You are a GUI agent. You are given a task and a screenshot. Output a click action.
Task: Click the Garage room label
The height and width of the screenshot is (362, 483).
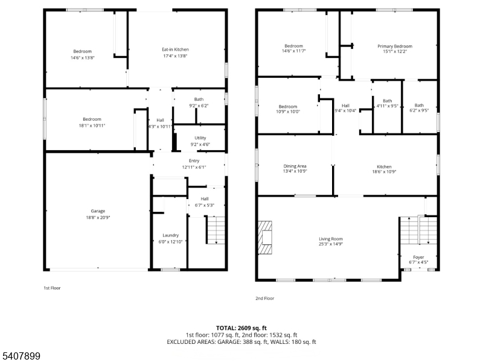coord(98,211)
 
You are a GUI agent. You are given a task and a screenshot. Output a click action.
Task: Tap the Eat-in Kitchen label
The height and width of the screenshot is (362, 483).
coord(175,49)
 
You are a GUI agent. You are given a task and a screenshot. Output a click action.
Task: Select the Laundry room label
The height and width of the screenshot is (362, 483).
coord(170,235)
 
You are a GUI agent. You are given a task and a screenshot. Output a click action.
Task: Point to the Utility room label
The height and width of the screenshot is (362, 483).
coord(200,138)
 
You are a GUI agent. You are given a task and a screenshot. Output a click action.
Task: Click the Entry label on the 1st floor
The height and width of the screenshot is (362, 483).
coord(194,160)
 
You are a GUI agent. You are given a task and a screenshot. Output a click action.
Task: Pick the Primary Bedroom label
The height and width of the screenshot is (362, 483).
coord(395,46)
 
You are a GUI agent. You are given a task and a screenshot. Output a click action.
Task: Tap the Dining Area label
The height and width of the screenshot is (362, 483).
coord(295,167)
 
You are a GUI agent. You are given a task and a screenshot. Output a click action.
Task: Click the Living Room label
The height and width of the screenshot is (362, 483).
coord(330,239)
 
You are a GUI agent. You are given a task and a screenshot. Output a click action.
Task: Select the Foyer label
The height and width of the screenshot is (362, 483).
coord(418,258)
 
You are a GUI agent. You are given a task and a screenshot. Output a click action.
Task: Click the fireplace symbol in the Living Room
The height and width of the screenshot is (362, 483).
coord(265,237)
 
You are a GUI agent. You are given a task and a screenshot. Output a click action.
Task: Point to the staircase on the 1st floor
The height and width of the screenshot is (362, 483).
coord(216,230)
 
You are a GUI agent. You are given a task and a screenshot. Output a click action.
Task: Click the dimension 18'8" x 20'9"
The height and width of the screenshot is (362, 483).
coord(98,217)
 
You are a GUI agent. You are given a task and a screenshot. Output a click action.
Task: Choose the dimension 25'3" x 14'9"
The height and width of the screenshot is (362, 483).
coord(330,244)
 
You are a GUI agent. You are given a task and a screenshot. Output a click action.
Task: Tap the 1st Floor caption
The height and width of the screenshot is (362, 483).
coord(52,288)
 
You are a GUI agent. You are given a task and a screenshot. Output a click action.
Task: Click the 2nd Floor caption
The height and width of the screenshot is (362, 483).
coord(264,298)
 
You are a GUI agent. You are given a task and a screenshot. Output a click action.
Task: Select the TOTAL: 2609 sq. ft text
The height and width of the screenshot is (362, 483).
coord(241,328)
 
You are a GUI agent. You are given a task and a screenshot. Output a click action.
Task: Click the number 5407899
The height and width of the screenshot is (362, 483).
coord(21,356)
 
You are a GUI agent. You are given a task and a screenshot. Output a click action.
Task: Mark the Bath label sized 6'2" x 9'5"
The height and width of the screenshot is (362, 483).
coord(419,105)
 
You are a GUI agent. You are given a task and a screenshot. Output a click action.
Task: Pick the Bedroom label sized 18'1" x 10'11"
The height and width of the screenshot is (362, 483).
coord(92,119)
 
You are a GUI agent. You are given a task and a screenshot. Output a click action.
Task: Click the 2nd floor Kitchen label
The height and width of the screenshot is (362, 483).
coord(384,167)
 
